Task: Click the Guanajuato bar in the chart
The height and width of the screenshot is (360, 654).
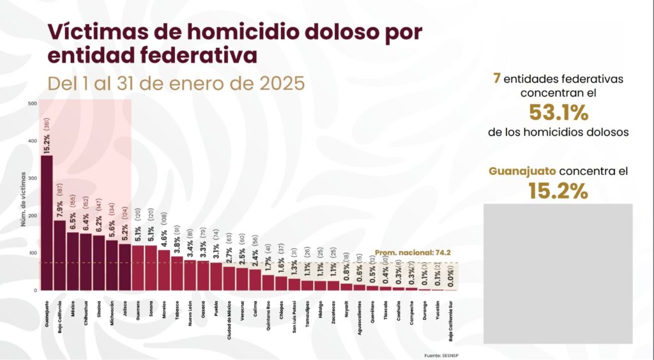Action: tap(46, 223)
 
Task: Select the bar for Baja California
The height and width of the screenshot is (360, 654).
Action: tap(59, 255)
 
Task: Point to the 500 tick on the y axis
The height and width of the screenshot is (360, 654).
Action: tap(33, 103)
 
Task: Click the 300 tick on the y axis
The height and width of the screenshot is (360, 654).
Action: tap(33, 178)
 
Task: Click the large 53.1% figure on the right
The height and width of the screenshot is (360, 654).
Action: tap(558, 112)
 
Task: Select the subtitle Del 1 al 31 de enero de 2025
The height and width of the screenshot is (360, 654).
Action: tap(176, 84)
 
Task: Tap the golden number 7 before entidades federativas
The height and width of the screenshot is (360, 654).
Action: tap(496, 79)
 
